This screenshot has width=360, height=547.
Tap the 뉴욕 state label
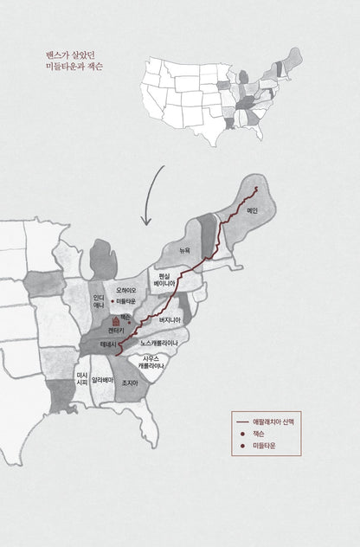tap(184, 250)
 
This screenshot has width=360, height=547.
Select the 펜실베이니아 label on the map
tap(167, 280)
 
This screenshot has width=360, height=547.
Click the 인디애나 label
tap(100, 301)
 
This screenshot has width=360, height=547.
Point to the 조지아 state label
tap(130, 383)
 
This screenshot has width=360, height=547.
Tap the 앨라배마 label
tap(103, 378)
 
